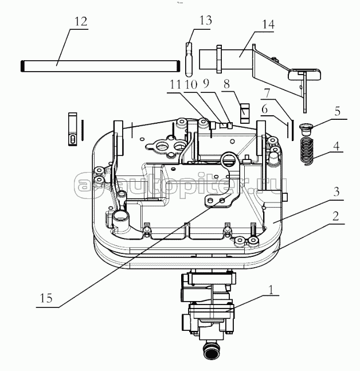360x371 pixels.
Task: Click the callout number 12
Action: coord(81,22)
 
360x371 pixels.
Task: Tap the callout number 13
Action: coord(205,20)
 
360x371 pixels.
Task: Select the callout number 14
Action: coord(268,25)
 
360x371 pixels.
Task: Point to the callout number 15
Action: coord(46,298)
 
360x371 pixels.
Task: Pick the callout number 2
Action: coord(335,216)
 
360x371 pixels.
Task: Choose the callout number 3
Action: coord(336,192)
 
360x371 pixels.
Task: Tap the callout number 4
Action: coord(336,146)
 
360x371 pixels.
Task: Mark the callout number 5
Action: coord(337,111)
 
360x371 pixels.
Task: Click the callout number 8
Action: coord(226,84)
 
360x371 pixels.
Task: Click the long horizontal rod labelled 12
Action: coord(100,66)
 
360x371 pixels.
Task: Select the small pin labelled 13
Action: coord(189,60)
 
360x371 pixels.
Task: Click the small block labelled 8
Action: coord(245,114)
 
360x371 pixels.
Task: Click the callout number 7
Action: coord(267,93)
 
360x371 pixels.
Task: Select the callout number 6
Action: coord(265,109)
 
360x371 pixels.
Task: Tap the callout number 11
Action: coord(175,84)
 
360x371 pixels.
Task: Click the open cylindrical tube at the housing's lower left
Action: coord(120,218)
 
